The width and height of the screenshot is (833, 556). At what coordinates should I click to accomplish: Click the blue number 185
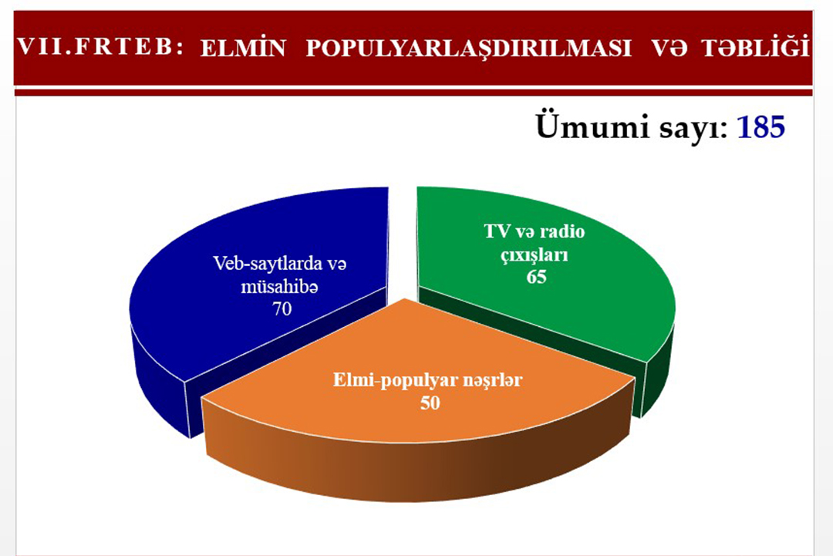point(760,128)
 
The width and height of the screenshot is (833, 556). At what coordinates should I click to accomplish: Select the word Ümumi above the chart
point(584,128)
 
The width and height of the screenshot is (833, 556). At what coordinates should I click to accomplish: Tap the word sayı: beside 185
point(686,128)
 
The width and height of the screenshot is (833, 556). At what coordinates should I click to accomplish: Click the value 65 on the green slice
point(537,276)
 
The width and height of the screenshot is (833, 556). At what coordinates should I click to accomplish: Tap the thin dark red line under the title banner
point(416,92)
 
